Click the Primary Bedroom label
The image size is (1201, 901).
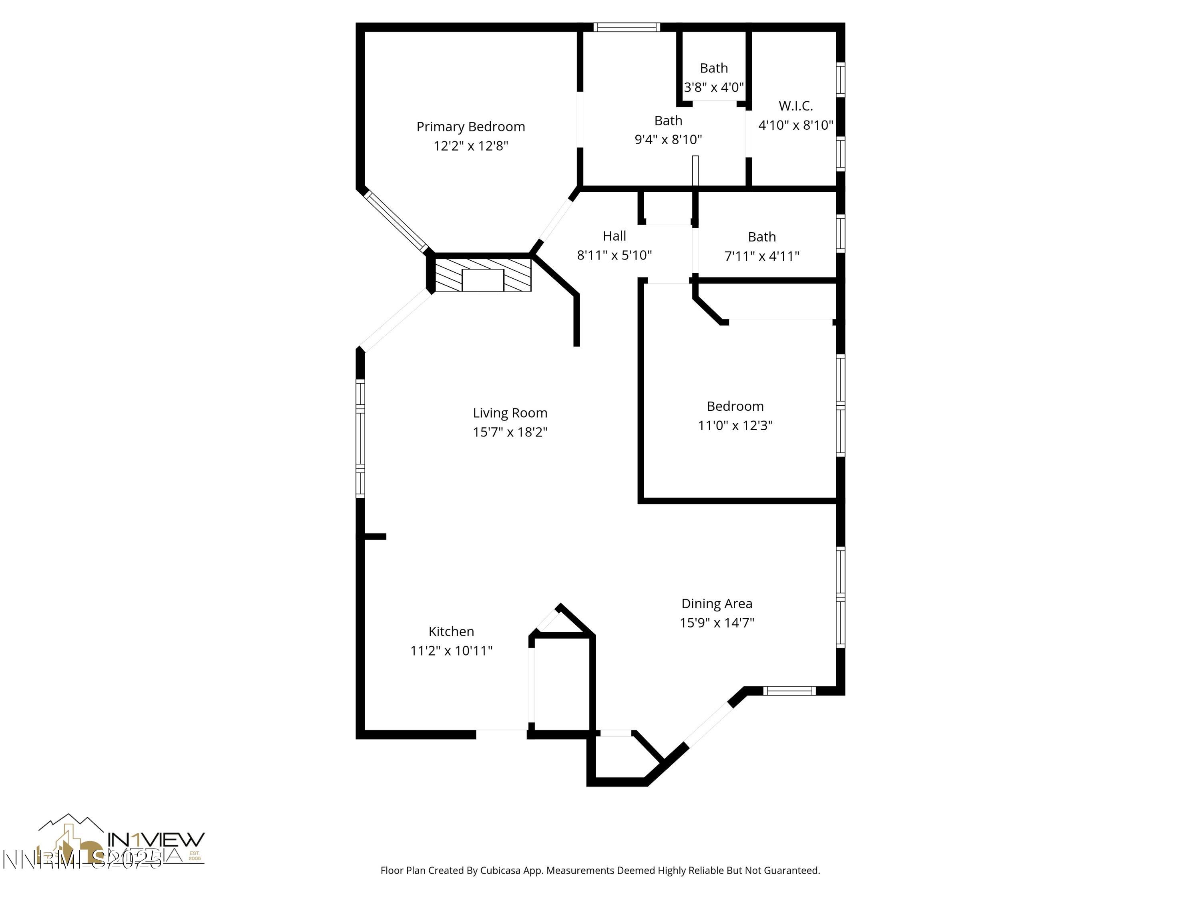[x=470, y=127]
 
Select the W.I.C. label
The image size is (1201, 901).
[x=795, y=106]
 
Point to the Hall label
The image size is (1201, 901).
[x=614, y=236]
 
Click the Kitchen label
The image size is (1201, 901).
[x=451, y=632]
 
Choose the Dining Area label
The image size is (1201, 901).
[x=717, y=604]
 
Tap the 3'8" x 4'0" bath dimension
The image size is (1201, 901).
[x=713, y=87]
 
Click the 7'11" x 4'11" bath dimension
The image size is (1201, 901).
[x=762, y=256]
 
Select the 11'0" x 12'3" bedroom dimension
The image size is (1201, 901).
[x=735, y=426]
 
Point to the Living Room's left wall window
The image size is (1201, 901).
[x=360, y=438]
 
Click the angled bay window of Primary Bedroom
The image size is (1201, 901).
[x=396, y=221]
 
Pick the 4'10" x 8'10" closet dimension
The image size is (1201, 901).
[x=795, y=125]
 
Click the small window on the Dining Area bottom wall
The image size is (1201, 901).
[x=789, y=691]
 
